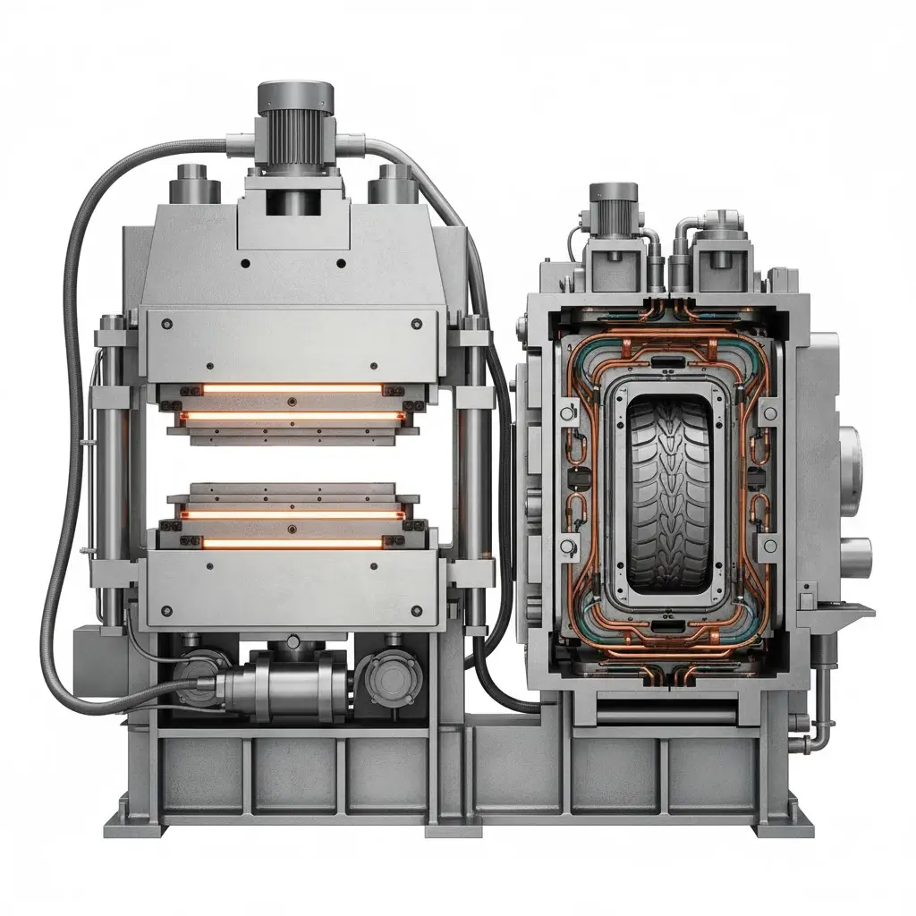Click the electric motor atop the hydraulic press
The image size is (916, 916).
[295, 134]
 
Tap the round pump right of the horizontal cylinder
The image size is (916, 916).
[390, 674]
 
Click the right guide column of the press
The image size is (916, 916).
[474, 465]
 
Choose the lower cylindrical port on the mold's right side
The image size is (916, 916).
[854, 555]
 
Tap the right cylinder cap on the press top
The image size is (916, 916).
[394, 183]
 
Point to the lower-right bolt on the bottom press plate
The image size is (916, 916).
[416, 610]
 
